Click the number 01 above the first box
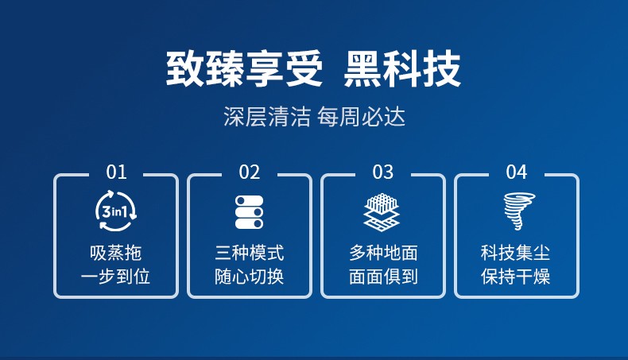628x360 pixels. [x=116, y=172]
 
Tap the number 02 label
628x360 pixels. [x=249, y=172]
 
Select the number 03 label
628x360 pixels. [x=383, y=172]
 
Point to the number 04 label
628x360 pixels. [x=516, y=172]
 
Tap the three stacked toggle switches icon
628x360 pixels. [x=249, y=212]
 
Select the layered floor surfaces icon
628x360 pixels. [x=382, y=212]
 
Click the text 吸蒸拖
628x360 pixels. [x=116, y=253]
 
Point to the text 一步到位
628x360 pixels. [x=116, y=277]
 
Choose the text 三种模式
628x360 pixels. [x=249, y=253]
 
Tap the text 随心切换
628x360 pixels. [x=249, y=277]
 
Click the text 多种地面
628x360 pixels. [x=383, y=253]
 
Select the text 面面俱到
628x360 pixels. [x=383, y=277]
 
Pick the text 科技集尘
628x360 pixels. [x=515, y=253]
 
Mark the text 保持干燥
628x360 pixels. [x=515, y=277]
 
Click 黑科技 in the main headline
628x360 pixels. [x=402, y=69]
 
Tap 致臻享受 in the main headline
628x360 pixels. [x=244, y=69]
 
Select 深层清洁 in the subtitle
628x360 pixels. [x=267, y=117]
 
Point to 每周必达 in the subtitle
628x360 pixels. [x=361, y=117]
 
